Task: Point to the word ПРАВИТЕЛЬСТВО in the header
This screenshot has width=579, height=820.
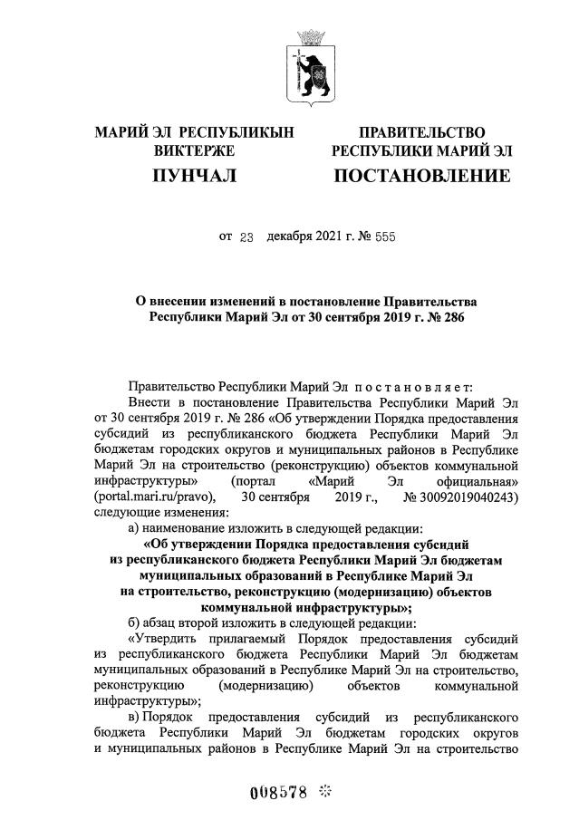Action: click(421, 133)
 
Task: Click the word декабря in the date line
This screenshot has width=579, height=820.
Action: click(291, 238)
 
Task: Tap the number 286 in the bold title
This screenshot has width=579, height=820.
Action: click(438, 317)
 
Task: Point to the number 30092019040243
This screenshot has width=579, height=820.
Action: click(463, 497)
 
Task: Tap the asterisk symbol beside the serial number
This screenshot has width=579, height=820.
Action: click(325, 790)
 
